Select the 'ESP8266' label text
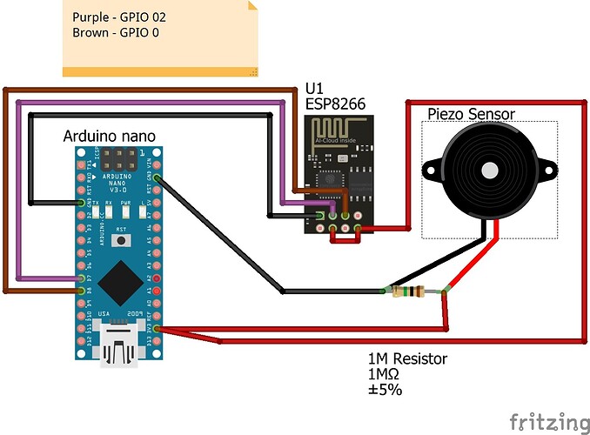click(335, 104)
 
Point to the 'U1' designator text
click(314, 88)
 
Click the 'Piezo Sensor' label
click(471, 114)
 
